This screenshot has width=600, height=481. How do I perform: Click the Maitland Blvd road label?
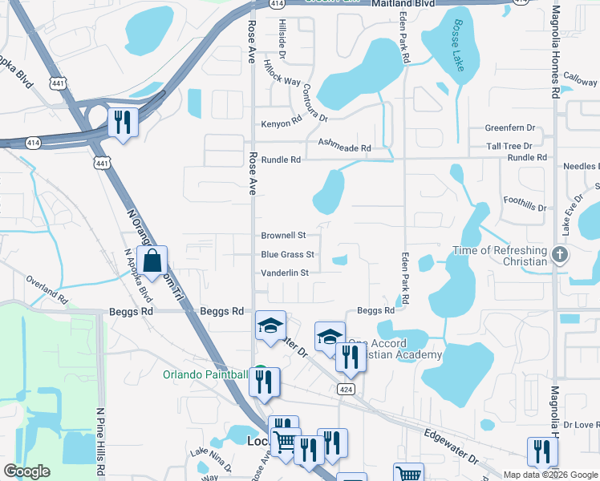[x=403, y=4]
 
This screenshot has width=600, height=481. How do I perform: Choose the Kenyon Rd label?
[x=282, y=124]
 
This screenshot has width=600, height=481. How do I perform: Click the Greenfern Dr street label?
[x=509, y=128]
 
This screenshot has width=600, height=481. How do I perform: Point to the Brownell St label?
[x=284, y=236]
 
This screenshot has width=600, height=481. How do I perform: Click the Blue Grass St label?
[x=287, y=255]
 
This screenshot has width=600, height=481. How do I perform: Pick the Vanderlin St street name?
[x=285, y=273]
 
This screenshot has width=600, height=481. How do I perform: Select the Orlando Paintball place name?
[x=205, y=374]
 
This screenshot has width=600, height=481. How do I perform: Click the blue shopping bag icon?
[x=152, y=261]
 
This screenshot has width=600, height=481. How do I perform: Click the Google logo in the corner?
[x=27, y=471]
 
